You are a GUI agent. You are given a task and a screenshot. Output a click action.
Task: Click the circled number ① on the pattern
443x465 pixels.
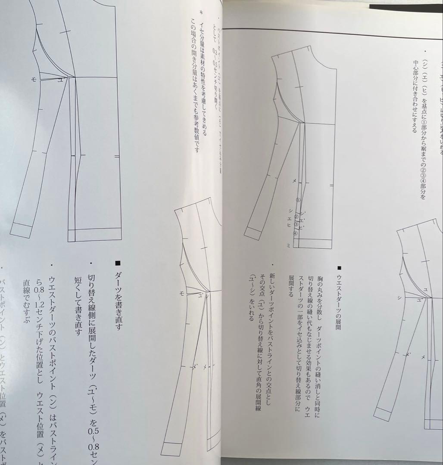coord(298,200)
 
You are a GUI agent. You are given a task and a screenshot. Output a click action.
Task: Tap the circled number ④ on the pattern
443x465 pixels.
coord(295,233)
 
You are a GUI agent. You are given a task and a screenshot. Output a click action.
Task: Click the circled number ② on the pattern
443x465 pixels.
coord(296,217)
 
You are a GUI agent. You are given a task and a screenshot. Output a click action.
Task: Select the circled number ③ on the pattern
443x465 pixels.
coord(296,225)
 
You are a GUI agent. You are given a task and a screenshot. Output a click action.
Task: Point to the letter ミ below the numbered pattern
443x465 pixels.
coord(289,245)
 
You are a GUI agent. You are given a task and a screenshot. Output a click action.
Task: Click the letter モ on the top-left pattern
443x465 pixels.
coord(33,80)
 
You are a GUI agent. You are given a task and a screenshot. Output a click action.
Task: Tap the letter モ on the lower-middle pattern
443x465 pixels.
coord(182,293)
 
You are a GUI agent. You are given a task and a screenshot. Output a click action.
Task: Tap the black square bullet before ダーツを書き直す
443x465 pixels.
coord(119,263)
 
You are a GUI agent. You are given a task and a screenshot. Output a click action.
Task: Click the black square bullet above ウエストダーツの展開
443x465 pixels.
coord(339,268)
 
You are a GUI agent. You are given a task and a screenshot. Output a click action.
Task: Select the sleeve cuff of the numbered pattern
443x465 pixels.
coord(254,232)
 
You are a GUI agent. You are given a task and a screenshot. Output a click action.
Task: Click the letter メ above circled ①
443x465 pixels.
coord(294,181)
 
